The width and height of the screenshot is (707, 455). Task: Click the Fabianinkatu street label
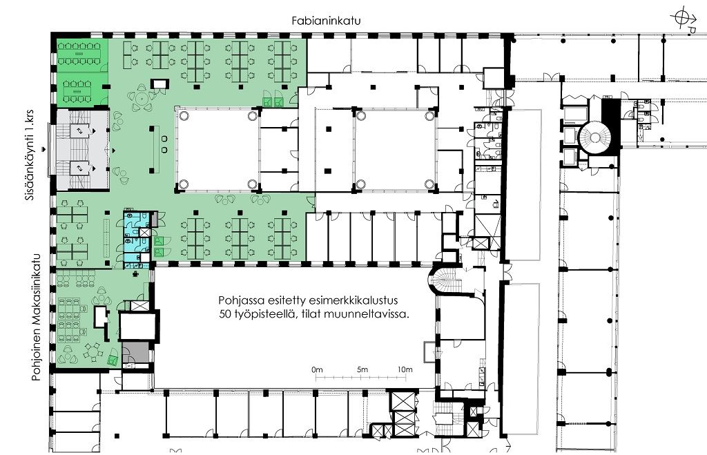[x=326, y=21]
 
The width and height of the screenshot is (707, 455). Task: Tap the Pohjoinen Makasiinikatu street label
[x=36, y=318]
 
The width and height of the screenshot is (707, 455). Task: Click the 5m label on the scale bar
[x=362, y=370]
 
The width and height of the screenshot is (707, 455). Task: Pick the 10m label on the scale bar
[x=405, y=370]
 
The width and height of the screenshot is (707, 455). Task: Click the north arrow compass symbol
[x=684, y=19]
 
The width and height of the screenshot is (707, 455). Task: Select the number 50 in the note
[x=224, y=314]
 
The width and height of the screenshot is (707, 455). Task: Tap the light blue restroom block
[x=136, y=236]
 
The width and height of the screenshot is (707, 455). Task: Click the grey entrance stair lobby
[x=82, y=149]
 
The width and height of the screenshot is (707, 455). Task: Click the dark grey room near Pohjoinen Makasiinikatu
[x=135, y=352]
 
